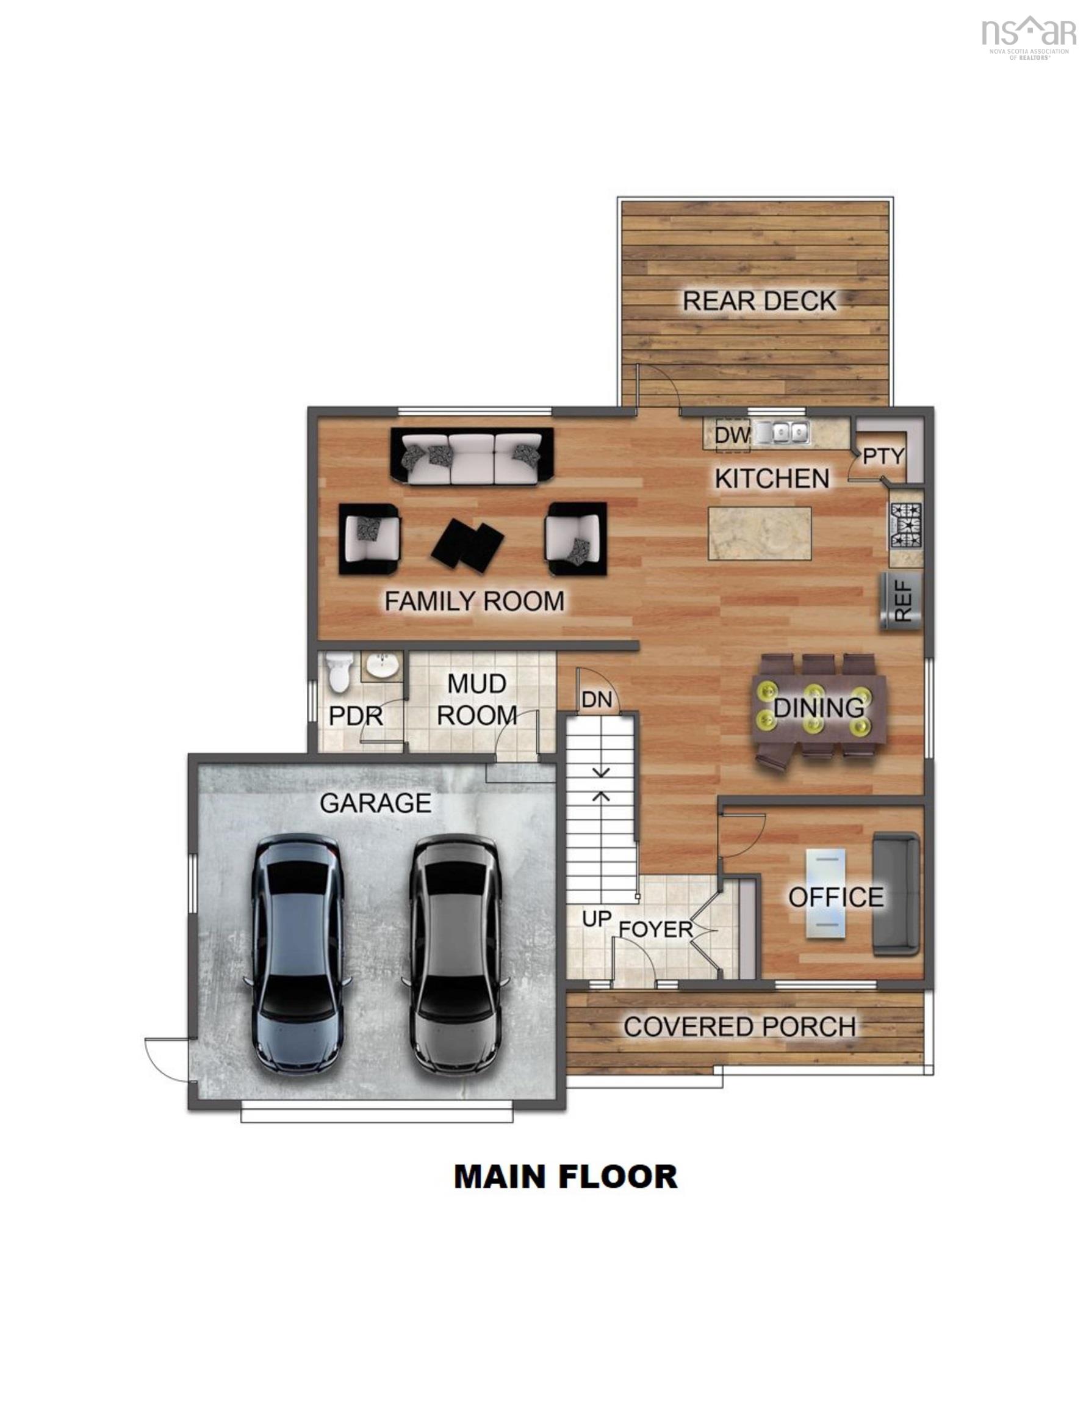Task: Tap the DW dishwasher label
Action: [x=732, y=435]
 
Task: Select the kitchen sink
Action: [x=781, y=432]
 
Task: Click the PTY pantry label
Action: [x=883, y=456]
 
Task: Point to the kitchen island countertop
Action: [x=759, y=533]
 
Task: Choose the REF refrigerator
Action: [x=901, y=601]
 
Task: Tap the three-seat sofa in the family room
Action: [x=472, y=456]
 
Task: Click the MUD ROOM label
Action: [x=476, y=700]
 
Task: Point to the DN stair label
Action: [x=596, y=700]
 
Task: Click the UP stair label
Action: [x=596, y=919]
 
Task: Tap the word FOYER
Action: [x=655, y=929]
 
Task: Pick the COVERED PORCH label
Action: [x=739, y=1027]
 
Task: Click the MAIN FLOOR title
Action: [x=565, y=1176]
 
